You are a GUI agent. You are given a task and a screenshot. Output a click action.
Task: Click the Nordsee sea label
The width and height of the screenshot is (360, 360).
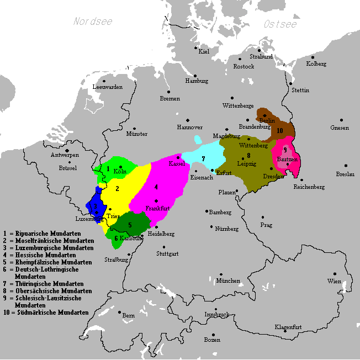point(93,22)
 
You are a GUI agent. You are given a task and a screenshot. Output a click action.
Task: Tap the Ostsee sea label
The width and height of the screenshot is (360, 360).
point(280,24)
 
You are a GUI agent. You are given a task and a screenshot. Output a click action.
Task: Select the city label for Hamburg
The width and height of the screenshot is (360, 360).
point(197,81)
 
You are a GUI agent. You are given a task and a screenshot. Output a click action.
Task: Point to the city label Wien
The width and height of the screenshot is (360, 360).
point(333,281)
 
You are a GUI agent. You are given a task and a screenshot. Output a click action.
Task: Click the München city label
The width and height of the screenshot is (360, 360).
point(228,280)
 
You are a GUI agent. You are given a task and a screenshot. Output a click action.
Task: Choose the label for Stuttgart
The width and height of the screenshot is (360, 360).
point(167,254)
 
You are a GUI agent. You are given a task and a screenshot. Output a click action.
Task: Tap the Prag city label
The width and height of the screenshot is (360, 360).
point(266,225)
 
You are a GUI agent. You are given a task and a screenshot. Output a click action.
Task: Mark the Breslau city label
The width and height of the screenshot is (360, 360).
point(346,174)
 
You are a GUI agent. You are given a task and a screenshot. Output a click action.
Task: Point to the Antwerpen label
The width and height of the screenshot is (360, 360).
point(65,155)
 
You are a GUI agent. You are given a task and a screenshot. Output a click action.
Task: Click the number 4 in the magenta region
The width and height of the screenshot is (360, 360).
point(156,187)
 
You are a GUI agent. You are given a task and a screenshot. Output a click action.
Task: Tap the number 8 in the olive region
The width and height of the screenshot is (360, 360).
point(248,155)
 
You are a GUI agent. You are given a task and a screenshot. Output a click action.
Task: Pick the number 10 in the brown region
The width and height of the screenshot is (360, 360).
point(280,130)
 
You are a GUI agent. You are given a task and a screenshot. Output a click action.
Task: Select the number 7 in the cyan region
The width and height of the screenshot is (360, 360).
point(203,158)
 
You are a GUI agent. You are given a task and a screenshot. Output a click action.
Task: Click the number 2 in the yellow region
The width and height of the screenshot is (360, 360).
point(117,188)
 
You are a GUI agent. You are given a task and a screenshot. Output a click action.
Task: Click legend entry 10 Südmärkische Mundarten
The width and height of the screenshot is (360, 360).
point(46,312)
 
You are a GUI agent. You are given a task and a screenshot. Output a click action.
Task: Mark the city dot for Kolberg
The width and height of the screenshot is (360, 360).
point(313,57)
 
